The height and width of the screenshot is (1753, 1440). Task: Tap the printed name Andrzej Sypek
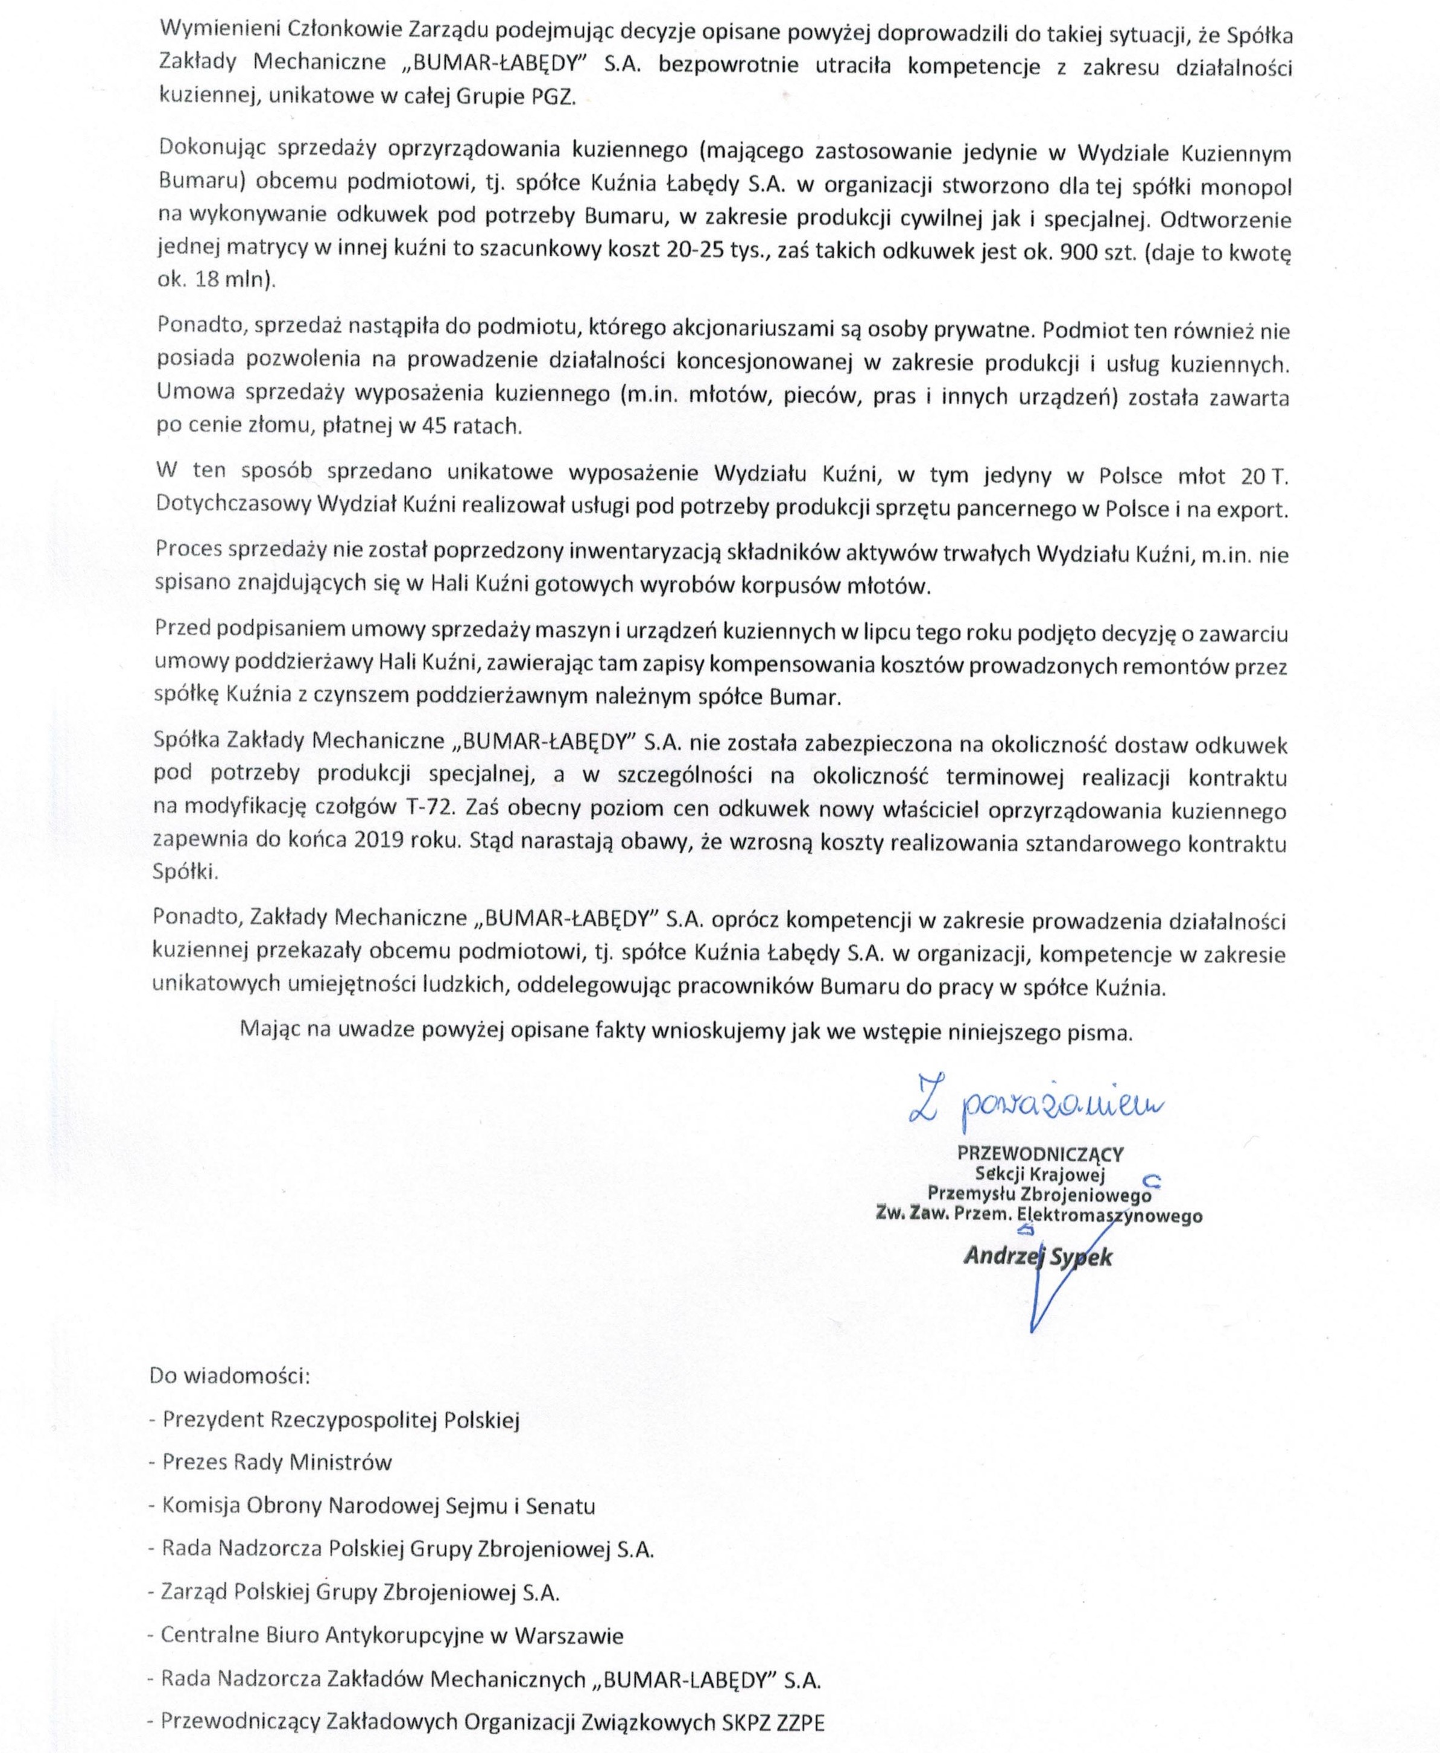(x=1037, y=1256)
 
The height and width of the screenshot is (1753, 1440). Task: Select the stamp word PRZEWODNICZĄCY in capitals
(x=1040, y=1153)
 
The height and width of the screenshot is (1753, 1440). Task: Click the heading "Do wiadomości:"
(x=229, y=1375)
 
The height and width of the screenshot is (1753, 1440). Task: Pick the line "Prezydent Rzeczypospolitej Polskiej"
(x=340, y=1419)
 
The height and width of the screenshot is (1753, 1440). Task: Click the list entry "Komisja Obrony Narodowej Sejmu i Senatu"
(x=378, y=1505)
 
